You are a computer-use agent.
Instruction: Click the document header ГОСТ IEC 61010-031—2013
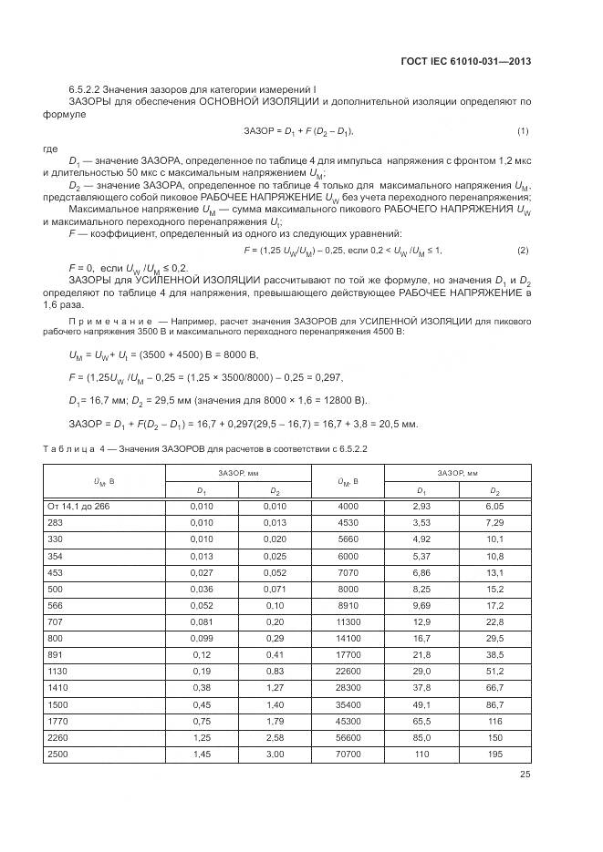[466, 61]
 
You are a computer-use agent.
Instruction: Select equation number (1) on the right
[523, 132]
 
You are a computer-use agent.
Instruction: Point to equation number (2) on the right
[523, 250]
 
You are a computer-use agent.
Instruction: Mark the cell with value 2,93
[421, 506]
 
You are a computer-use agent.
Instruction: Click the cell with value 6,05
[494, 506]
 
